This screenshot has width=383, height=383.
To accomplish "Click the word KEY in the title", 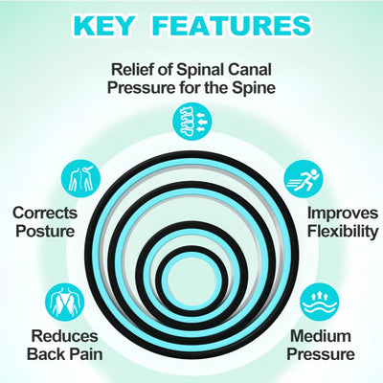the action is click(x=103, y=26).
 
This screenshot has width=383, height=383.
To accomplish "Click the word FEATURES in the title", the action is click(x=232, y=26).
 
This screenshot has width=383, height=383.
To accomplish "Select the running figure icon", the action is click(x=304, y=180).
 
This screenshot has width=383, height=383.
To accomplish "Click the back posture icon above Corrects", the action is click(x=81, y=179).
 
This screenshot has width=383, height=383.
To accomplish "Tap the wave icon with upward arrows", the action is click(x=320, y=303).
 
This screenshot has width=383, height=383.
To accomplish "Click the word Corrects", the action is click(x=45, y=213).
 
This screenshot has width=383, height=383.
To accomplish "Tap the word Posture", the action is click(x=45, y=231).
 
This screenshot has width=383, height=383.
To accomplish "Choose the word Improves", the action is click(x=343, y=214).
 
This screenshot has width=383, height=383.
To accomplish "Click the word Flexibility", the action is click(x=343, y=231).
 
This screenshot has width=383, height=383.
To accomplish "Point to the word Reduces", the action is click(x=64, y=336).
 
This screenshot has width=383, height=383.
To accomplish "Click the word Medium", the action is click(x=321, y=336).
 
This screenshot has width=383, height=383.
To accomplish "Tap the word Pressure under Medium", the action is click(x=321, y=354).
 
